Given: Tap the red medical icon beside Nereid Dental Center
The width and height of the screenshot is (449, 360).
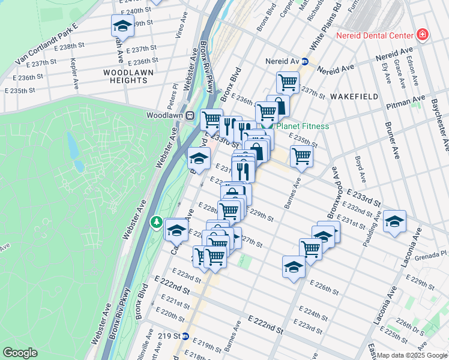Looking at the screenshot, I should pos(422,35).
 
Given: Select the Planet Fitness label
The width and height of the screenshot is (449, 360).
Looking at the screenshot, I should pos(303,126).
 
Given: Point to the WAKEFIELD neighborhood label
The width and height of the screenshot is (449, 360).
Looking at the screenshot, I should pos(354,96).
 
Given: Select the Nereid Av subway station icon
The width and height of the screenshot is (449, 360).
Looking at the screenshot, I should pos(304,61).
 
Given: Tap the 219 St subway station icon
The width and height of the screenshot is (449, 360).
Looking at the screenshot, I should pos(185,336).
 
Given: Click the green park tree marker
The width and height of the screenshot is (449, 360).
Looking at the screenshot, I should pos(157,223).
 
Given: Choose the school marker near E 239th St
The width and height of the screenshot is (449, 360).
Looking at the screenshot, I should pos(122,26).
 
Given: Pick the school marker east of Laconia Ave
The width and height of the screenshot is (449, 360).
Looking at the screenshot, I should pos(394,221).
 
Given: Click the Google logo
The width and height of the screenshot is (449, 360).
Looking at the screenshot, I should pos(20,353).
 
